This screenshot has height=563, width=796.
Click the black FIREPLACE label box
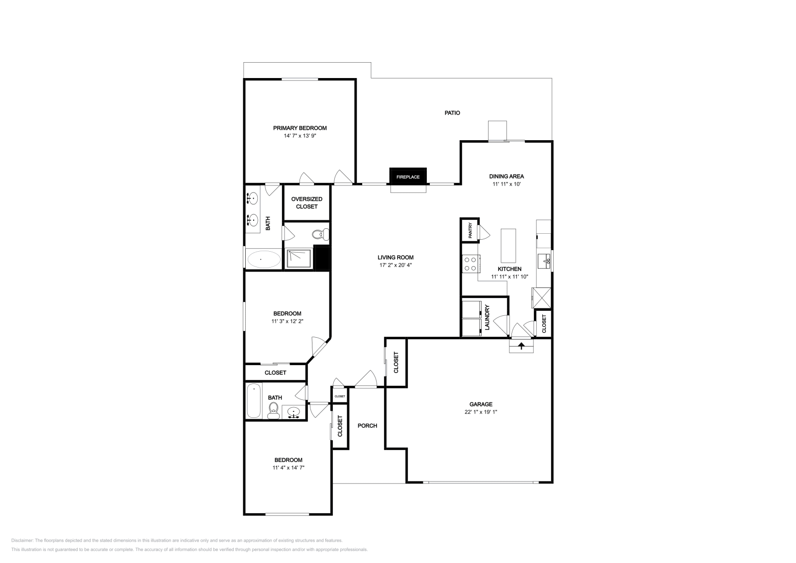tap(407, 177)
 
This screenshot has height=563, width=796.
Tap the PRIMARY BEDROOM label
tap(299, 128)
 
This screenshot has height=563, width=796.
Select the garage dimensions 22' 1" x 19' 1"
tap(481, 412)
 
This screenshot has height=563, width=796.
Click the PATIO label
tap(452, 113)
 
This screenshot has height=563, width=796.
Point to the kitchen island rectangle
tap(508, 245)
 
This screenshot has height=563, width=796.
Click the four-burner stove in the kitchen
tap(470, 264)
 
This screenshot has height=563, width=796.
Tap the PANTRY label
tap(470, 230)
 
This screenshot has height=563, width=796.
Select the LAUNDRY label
tap(488, 317)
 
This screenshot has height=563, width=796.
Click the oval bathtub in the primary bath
tap(264, 259)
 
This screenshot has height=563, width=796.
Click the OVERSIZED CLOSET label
tap(306, 202)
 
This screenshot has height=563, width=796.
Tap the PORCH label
tap(367, 426)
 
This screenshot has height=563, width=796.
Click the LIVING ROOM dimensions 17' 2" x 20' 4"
tap(396, 265)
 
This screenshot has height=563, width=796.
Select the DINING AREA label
tap(506, 176)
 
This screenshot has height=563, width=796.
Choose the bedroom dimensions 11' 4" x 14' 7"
tap(288, 468)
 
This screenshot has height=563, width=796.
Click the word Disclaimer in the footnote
tap(22, 540)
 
